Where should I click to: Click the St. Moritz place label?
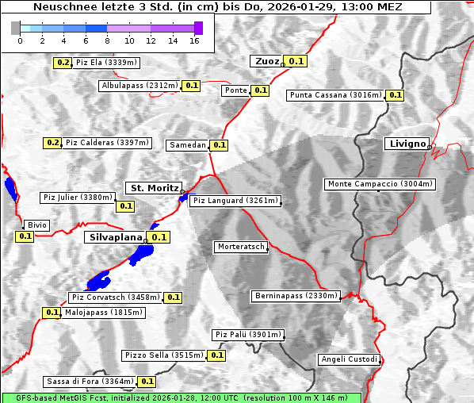[x=153, y=188]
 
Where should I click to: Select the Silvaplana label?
[x=115, y=236]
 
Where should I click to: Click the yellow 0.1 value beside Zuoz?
[x=296, y=61]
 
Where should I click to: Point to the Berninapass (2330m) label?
[x=296, y=296]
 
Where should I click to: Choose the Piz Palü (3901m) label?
[x=247, y=335]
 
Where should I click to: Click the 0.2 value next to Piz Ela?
[x=63, y=63]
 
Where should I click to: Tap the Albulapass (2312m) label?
[x=140, y=86]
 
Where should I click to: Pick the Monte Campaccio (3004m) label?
[x=380, y=184]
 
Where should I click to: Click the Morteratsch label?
[x=241, y=247]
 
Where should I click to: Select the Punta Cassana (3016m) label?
[x=335, y=95]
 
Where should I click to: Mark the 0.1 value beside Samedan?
[x=220, y=145]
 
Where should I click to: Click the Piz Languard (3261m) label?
[x=235, y=201]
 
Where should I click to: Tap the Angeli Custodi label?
[x=349, y=359]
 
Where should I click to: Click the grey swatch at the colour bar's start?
[x=16, y=28]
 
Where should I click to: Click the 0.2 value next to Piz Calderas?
[x=52, y=143]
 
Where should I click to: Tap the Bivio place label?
[x=36, y=225]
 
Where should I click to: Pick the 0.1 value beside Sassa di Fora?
[x=147, y=382]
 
